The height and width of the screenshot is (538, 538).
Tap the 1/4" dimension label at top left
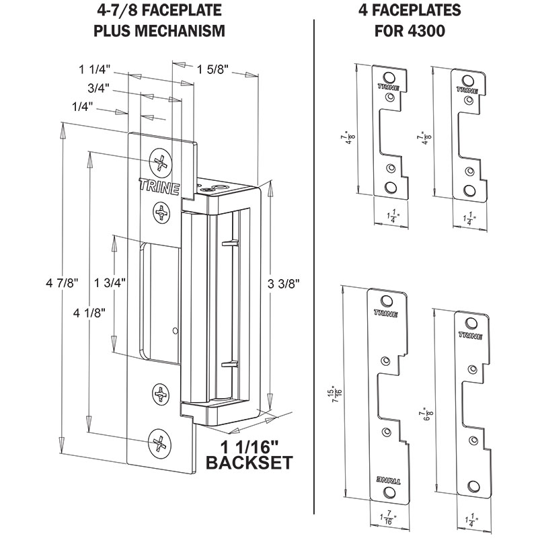(82, 107)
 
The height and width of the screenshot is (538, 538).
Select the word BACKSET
(248, 463)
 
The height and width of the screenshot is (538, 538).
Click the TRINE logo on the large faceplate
(159, 186)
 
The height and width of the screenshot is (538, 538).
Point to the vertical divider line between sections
(315, 269)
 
